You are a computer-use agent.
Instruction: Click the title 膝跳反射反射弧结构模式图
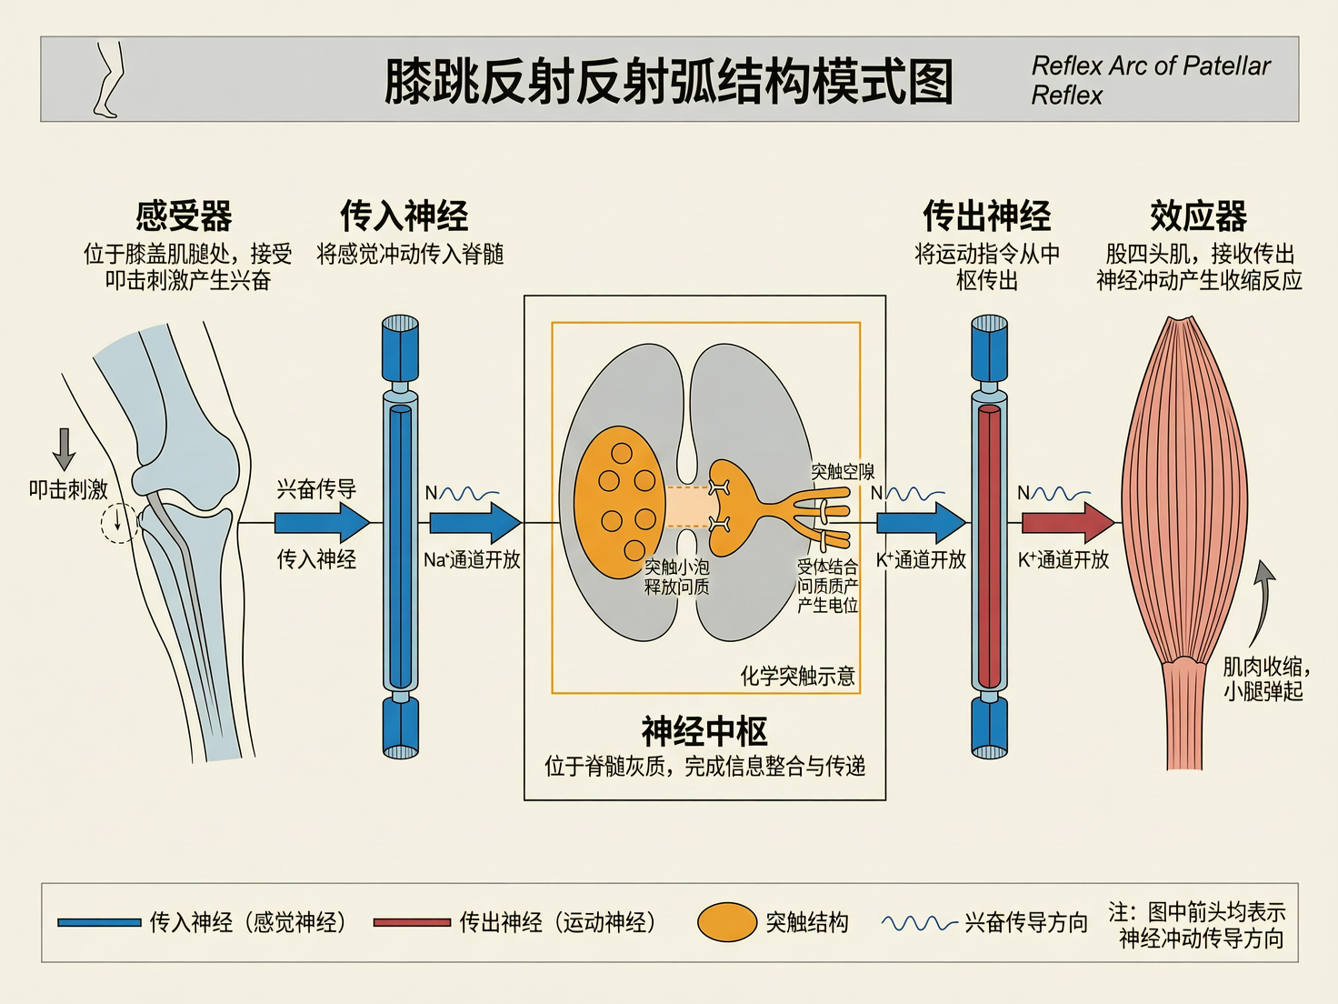pos(668,82)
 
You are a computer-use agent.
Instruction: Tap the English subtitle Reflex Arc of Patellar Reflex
pos(1150,80)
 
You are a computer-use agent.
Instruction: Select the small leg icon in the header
pos(108,79)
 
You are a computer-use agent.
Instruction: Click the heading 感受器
pos(184,216)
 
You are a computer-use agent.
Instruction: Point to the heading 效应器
pos(1198,216)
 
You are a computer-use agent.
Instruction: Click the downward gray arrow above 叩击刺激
pos(64,448)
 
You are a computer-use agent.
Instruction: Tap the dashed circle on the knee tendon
pos(118,523)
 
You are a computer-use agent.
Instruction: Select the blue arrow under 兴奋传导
pos(321,523)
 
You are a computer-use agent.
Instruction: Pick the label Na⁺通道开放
pos(472,560)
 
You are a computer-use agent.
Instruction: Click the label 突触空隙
pos(843,471)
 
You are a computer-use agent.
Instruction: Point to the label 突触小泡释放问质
pos(676,577)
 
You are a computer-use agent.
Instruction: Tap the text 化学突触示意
pos(797,676)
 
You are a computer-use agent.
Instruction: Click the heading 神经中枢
pos(704,731)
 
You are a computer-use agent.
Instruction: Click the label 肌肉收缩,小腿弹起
pos(1264,678)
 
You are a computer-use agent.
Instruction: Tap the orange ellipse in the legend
pos(727,922)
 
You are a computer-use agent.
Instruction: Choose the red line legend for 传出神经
pos(412,922)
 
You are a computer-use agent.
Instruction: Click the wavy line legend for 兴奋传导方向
pos(919,923)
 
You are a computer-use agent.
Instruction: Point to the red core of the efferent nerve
pos(989,546)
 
